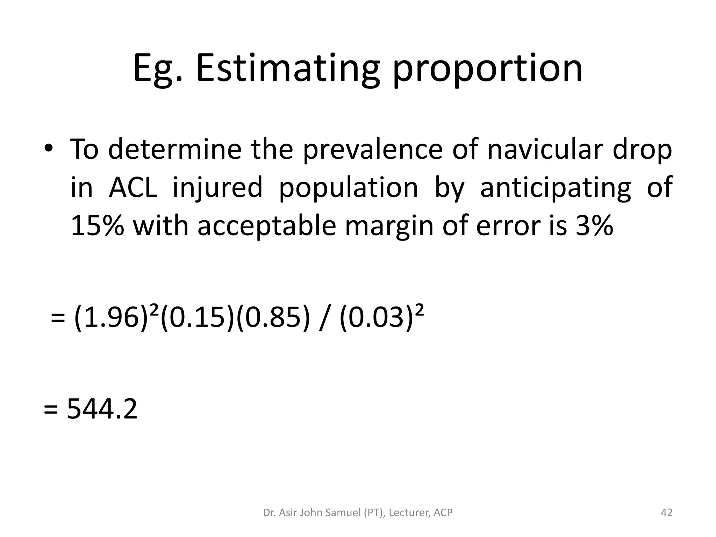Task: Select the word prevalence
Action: coord(373,149)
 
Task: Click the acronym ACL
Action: coord(133,187)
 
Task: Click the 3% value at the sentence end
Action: coord(595,225)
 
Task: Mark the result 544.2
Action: coord(102,409)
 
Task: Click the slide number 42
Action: coord(666,513)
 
